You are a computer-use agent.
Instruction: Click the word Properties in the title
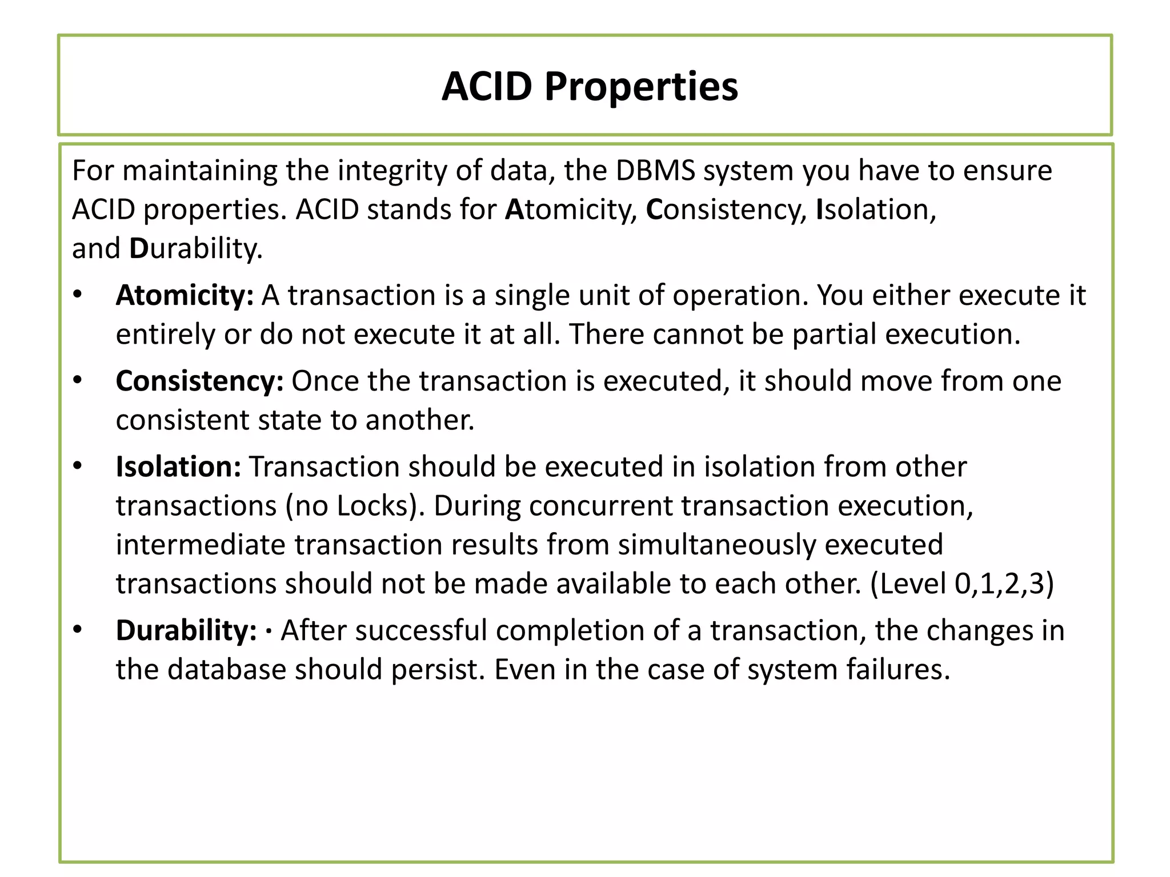click(x=641, y=88)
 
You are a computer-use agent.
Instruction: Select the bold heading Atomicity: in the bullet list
click(x=185, y=296)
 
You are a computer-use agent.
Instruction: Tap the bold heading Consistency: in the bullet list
click(x=199, y=381)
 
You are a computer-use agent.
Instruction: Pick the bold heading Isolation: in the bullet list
click(x=178, y=466)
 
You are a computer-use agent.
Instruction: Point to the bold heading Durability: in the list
click(x=186, y=631)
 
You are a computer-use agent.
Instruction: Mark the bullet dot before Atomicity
click(x=78, y=295)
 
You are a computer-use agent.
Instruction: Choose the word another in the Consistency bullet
click(x=420, y=420)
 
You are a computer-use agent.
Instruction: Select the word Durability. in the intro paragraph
click(x=196, y=249)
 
